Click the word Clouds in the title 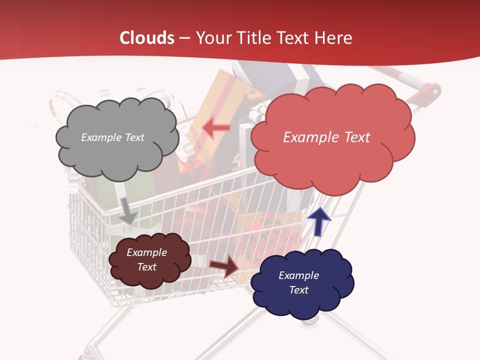click(147, 38)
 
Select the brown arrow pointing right click(224, 266)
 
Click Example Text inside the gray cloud click(112, 137)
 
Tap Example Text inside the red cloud click(326, 137)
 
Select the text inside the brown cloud click(146, 259)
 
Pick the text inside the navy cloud click(298, 282)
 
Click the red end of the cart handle click(430, 91)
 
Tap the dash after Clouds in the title click(184, 38)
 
